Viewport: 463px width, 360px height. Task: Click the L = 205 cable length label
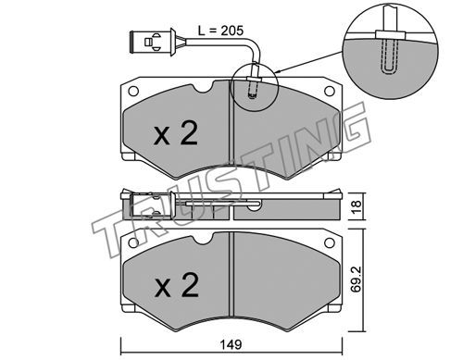click(x=220, y=31)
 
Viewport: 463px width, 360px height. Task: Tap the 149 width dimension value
click(x=231, y=344)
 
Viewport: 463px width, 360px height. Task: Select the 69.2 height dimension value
click(x=357, y=279)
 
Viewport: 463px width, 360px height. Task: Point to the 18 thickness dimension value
click(x=357, y=207)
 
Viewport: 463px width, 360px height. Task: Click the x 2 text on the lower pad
click(x=177, y=285)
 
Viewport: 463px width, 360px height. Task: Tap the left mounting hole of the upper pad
click(x=133, y=91)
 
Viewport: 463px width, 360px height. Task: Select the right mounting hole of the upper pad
click(x=330, y=91)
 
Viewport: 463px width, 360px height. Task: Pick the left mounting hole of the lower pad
click(x=133, y=242)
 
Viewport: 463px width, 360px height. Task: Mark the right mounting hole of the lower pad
click(x=330, y=242)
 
